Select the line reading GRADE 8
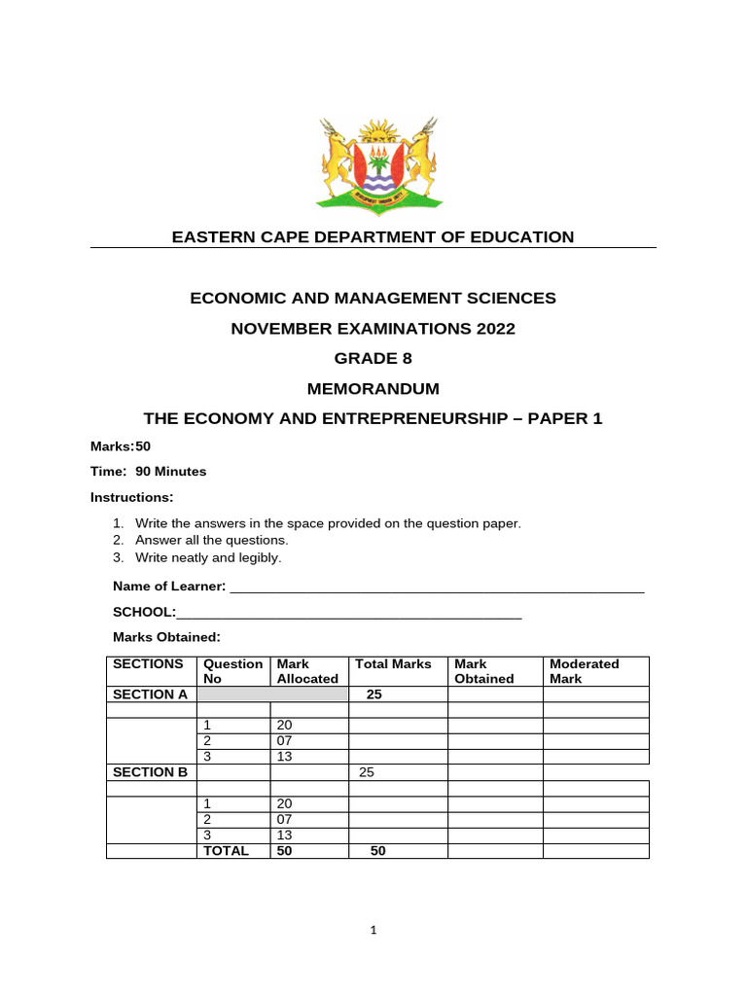pos(373,358)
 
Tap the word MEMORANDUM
pos(373,388)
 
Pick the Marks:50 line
pos(121,445)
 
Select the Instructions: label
pos(131,497)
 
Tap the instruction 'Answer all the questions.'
pos(212,540)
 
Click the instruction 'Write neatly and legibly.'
pos(208,557)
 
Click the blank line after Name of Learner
pos(436,587)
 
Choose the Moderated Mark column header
pos(585,671)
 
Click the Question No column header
pos(232,671)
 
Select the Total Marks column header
pos(393,664)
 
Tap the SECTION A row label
pos(150,694)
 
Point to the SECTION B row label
pos(150,772)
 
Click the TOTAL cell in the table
pos(226,850)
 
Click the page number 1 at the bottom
pos(373,930)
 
